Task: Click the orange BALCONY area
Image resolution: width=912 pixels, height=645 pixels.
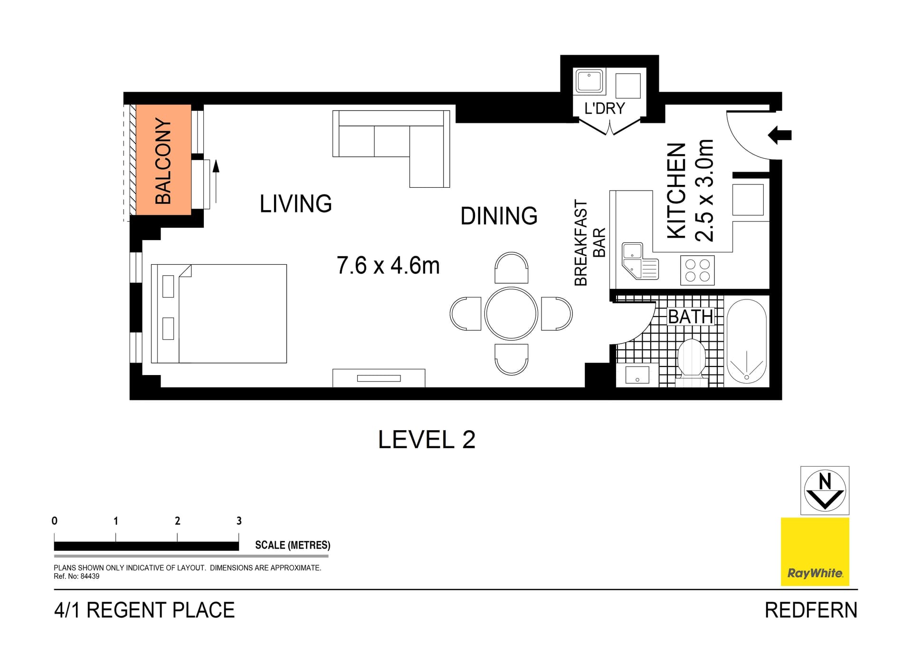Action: click(x=163, y=160)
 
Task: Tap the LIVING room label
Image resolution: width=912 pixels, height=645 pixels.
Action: click(x=295, y=204)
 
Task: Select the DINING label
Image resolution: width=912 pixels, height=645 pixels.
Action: click(x=499, y=216)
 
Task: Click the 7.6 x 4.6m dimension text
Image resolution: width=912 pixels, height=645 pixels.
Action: click(x=388, y=266)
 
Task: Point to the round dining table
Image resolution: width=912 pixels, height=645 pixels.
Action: click(x=511, y=314)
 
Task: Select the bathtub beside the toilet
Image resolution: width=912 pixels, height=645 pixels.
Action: click(x=746, y=341)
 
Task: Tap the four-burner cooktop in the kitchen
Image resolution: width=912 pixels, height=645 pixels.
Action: click(x=697, y=270)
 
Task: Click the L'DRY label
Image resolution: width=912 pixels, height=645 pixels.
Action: click(x=604, y=109)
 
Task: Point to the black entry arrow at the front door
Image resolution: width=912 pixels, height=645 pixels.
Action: click(x=780, y=135)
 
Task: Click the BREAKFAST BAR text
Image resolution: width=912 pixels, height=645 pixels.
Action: click(x=589, y=242)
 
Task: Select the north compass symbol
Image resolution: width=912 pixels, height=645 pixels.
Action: click(x=825, y=491)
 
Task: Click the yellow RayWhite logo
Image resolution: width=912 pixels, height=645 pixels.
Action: click(x=815, y=551)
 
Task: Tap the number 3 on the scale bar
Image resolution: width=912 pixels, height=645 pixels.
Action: click(x=239, y=521)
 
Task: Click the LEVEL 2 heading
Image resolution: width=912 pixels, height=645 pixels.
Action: click(x=426, y=440)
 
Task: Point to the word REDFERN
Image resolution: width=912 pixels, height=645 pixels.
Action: click(x=811, y=610)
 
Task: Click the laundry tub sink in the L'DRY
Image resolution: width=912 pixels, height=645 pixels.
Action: click(x=589, y=81)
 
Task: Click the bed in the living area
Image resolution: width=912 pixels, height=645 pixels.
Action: click(x=219, y=314)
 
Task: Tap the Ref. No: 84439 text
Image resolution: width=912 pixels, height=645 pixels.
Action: click(x=76, y=577)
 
